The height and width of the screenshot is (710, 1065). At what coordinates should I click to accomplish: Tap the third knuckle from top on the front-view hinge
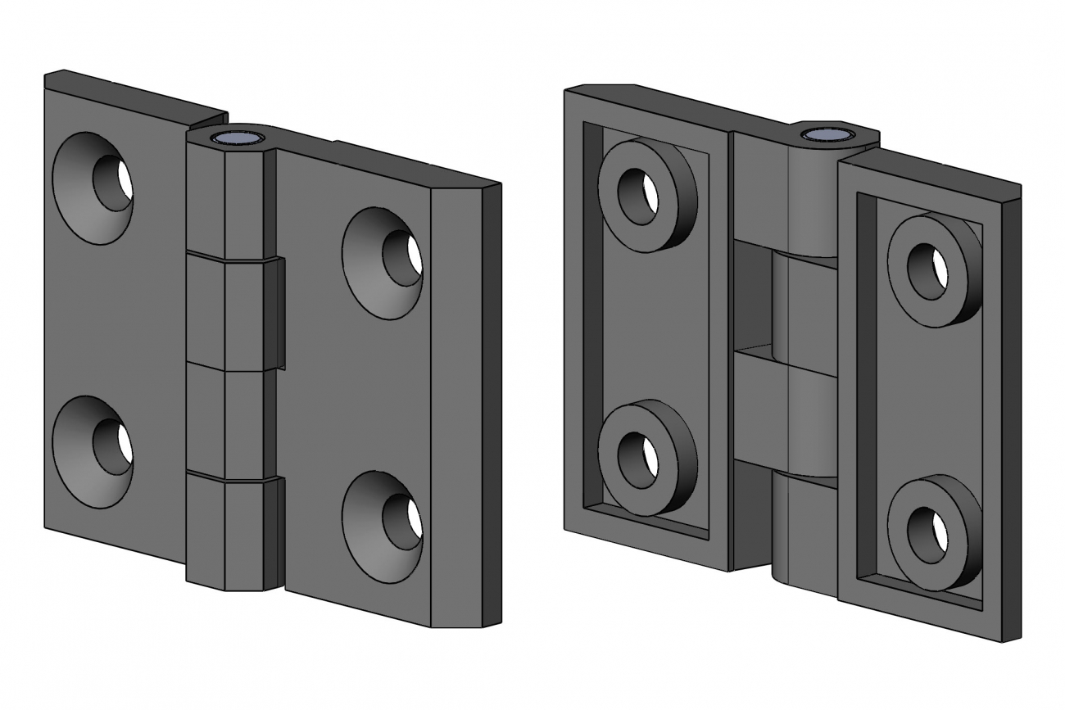click(x=225, y=422)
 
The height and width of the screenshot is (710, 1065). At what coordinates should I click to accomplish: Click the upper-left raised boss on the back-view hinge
click(x=647, y=195)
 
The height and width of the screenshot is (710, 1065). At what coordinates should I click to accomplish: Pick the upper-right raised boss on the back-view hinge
click(x=935, y=269)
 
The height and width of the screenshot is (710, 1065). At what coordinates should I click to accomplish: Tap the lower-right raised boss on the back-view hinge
click(x=935, y=533)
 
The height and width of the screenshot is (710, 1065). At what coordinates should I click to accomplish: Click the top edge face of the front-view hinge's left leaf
click(x=135, y=92)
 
